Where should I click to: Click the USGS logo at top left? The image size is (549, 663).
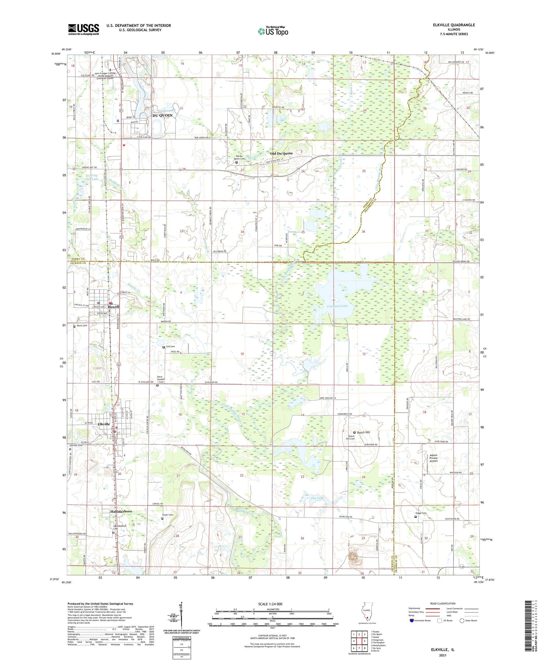[x=83, y=29]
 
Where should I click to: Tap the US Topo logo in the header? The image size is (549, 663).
[x=273, y=31]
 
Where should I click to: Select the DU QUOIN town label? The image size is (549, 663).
[x=162, y=115]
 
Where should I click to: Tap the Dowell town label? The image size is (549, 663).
[x=113, y=307]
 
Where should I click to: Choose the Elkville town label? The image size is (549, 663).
[x=104, y=424]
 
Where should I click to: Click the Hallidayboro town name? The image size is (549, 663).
[x=121, y=511]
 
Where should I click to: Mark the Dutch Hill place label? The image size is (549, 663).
[x=363, y=432]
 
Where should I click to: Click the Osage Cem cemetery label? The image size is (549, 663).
[x=421, y=513]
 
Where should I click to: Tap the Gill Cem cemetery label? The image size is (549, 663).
[x=171, y=346]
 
